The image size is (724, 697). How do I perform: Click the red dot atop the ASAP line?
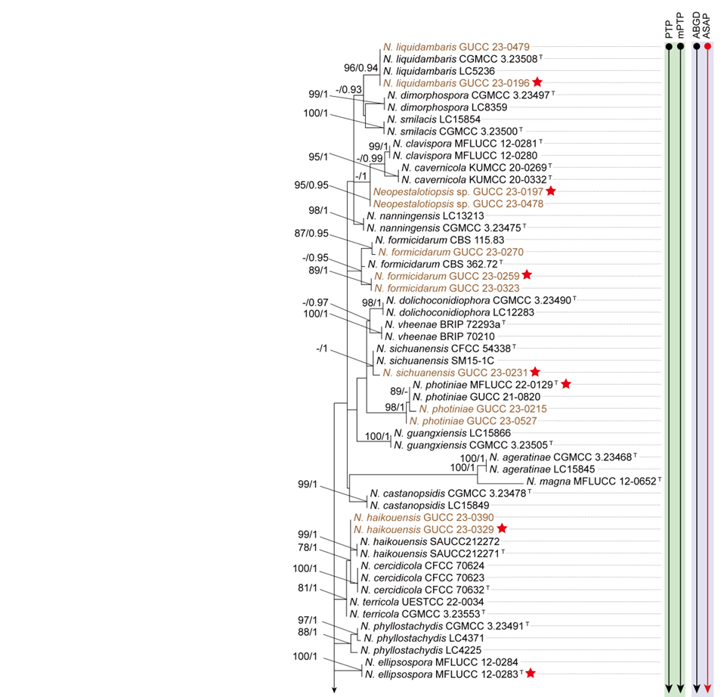click(707, 47)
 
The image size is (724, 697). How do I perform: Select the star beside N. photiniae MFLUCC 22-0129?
click(566, 385)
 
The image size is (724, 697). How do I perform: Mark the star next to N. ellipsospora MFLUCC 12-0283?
click(532, 673)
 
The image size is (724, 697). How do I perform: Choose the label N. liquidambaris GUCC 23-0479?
click(446, 47)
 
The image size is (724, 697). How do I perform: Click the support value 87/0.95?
click(314, 233)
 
